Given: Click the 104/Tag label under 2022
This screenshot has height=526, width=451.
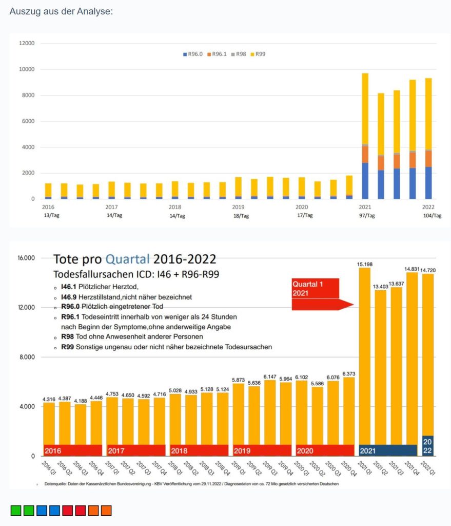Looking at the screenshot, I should [430, 216].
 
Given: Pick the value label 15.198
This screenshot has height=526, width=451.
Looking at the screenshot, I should [364, 264].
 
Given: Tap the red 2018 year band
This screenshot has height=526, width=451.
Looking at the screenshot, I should [199, 450].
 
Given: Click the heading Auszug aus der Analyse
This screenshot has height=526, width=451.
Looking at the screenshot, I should [61, 11].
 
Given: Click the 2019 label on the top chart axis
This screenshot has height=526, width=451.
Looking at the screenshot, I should [238, 206].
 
